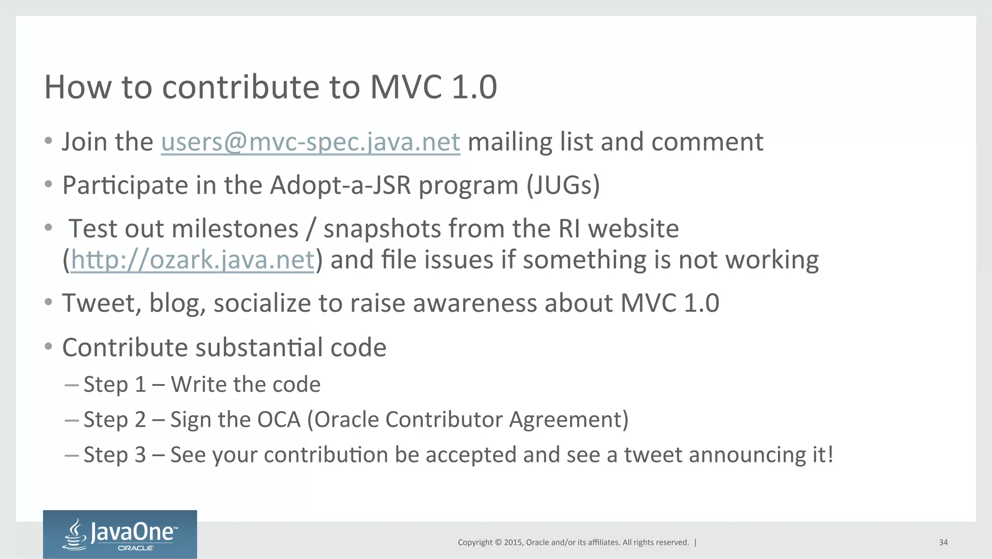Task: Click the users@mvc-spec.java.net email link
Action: tap(310, 142)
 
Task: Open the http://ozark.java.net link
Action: tap(193, 260)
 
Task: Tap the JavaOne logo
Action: tap(120, 534)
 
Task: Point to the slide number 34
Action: tap(943, 543)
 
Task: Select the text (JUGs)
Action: tap(563, 185)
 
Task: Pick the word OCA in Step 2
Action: tap(279, 420)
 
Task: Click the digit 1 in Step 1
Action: tap(140, 385)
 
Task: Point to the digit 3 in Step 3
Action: tap(140, 455)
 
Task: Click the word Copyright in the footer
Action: tap(475, 543)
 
